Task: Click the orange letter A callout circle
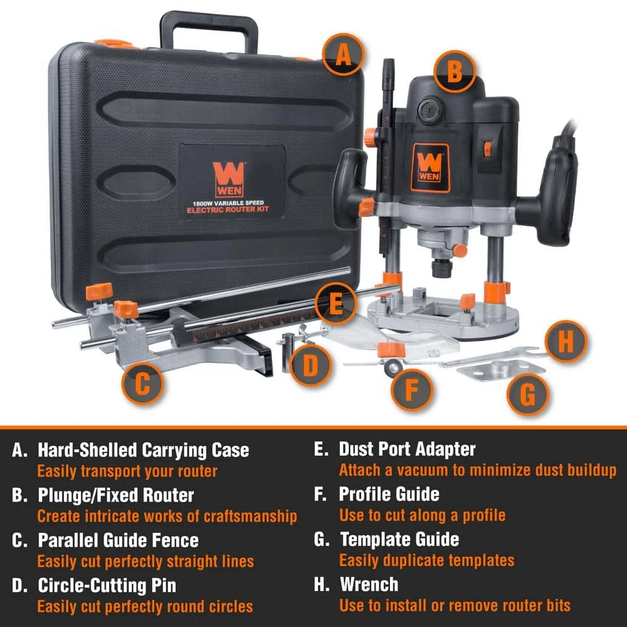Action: [x=343, y=54]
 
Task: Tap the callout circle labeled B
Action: [x=455, y=72]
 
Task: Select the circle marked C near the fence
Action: [x=143, y=384]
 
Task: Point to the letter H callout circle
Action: [x=566, y=342]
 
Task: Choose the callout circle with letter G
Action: [x=528, y=394]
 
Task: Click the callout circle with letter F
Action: [x=412, y=389]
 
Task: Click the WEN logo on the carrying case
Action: [x=229, y=179]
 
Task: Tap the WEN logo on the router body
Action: [x=430, y=167]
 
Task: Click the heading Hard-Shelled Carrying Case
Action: [x=143, y=450]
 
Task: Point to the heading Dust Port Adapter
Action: [x=407, y=449]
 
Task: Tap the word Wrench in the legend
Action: [x=369, y=584]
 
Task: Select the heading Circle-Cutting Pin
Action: [x=107, y=586]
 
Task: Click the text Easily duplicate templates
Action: [x=426, y=561]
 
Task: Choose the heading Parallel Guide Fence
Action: [x=118, y=540]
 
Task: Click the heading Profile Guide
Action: [x=389, y=494]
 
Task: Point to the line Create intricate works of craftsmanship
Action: [x=167, y=516]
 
